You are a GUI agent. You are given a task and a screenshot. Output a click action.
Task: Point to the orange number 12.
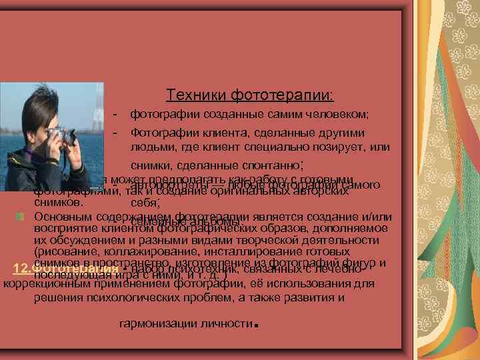(21, 269)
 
